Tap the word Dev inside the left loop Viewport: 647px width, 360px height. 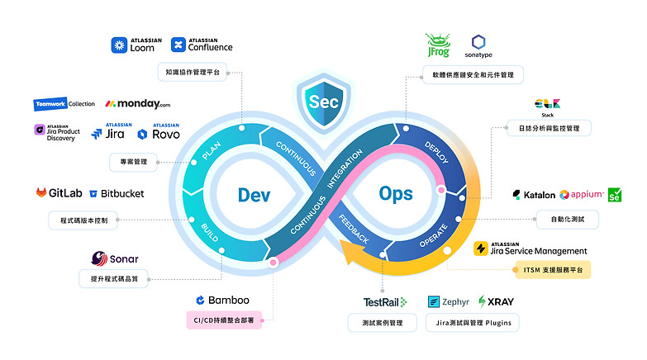255,194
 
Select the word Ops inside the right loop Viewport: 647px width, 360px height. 396,194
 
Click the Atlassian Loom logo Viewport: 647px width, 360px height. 133,45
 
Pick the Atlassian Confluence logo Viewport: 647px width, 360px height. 202,45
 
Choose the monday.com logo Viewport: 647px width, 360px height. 138,104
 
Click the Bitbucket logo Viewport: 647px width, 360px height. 117,194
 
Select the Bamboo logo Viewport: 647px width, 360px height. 222,300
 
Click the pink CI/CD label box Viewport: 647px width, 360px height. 223,320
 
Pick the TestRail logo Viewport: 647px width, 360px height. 384,302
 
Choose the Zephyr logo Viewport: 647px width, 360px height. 449,302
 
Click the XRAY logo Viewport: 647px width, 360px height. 496,302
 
